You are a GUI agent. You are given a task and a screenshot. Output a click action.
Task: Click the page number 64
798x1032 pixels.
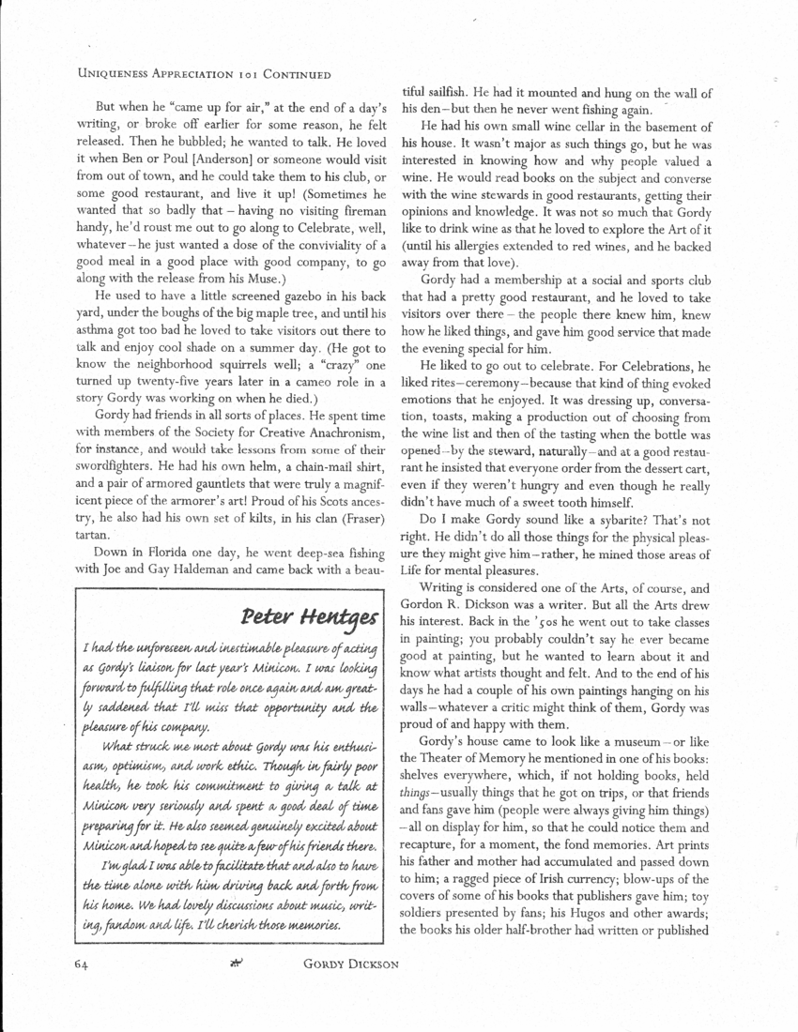click(x=84, y=961)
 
